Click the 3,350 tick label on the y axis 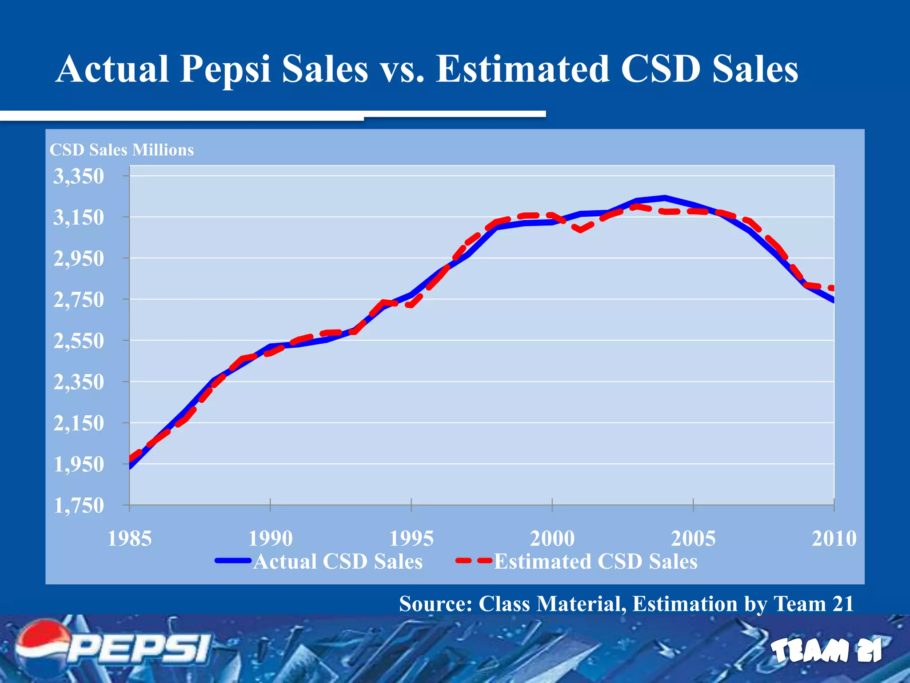(x=79, y=177)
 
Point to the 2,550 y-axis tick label (x=79, y=341)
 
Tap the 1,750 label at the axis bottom (x=79, y=506)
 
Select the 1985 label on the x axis (x=129, y=538)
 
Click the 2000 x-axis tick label (x=552, y=538)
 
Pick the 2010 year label (x=834, y=538)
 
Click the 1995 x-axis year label (x=411, y=538)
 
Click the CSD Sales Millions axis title (x=122, y=150)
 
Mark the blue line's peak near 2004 (x=664, y=197)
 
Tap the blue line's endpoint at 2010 (x=833, y=301)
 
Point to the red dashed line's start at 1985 (x=130, y=459)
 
